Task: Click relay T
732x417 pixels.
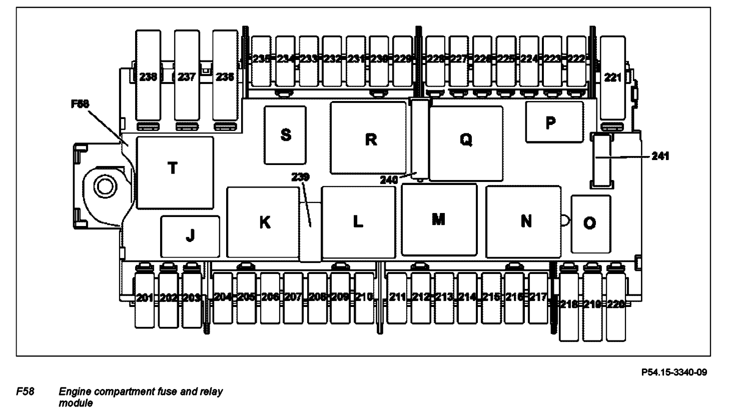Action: click(174, 171)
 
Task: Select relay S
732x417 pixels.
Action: click(285, 134)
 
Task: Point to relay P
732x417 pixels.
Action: click(554, 122)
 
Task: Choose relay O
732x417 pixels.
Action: click(590, 223)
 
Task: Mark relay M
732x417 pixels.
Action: click(439, 219)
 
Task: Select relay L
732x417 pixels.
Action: click(358, 221)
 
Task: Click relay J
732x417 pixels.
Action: click(190, 236)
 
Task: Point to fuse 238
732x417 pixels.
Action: click(149, 77)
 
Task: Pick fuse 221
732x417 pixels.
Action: click(612, 77)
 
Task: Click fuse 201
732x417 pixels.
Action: click(145, 298)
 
